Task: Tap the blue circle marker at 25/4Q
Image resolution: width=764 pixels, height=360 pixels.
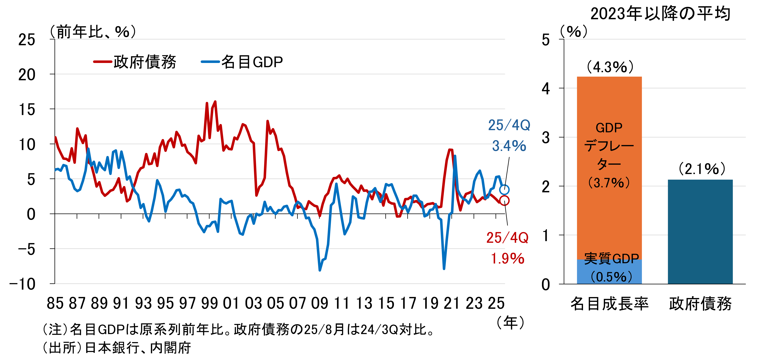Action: click(x=504, y=189)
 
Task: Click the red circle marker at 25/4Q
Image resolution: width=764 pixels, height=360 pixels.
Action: click(x=504, y=200)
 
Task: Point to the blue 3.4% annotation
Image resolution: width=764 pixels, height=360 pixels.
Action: click(x=509, y=146)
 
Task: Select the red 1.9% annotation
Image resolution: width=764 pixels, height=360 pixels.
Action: click(x=507, y=258)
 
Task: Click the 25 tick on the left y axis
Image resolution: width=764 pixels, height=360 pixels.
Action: click(x=27, y=40)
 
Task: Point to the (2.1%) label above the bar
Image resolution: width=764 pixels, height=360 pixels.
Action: click(x=702, y=169)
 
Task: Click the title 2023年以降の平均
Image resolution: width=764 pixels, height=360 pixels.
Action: click(x=660, y=14)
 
